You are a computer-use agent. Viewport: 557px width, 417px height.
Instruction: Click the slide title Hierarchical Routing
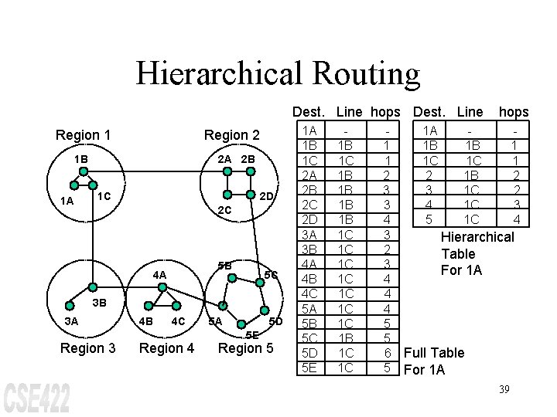[x=278, y=74]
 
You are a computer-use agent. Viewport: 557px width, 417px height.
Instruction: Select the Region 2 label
[x=231, y=135]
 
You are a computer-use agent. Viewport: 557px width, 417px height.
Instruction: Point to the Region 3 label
[x=87, y=348]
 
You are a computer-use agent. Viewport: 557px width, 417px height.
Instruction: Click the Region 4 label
[x=166, y=348]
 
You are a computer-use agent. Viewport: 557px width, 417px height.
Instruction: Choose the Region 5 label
[x=246, y=348]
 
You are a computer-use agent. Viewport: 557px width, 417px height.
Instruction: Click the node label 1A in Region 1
[x=68, y=202]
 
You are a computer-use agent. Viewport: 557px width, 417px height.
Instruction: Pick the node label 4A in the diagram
[x=160, y=274]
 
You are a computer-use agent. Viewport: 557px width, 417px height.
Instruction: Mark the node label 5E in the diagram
[x=252, y=334]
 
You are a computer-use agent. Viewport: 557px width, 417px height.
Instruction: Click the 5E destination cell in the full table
[x=310, y=368]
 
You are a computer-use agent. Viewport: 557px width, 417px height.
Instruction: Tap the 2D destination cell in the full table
[x=310, y=220]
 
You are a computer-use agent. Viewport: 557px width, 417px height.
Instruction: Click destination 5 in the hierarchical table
[x=429, y=220]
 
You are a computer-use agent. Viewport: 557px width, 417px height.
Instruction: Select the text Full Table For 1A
[x=433, y=361]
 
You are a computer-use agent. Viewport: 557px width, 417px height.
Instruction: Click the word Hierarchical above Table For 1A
[x=477, y=236]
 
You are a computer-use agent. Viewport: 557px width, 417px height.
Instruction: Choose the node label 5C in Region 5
[x=271, y=275]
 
